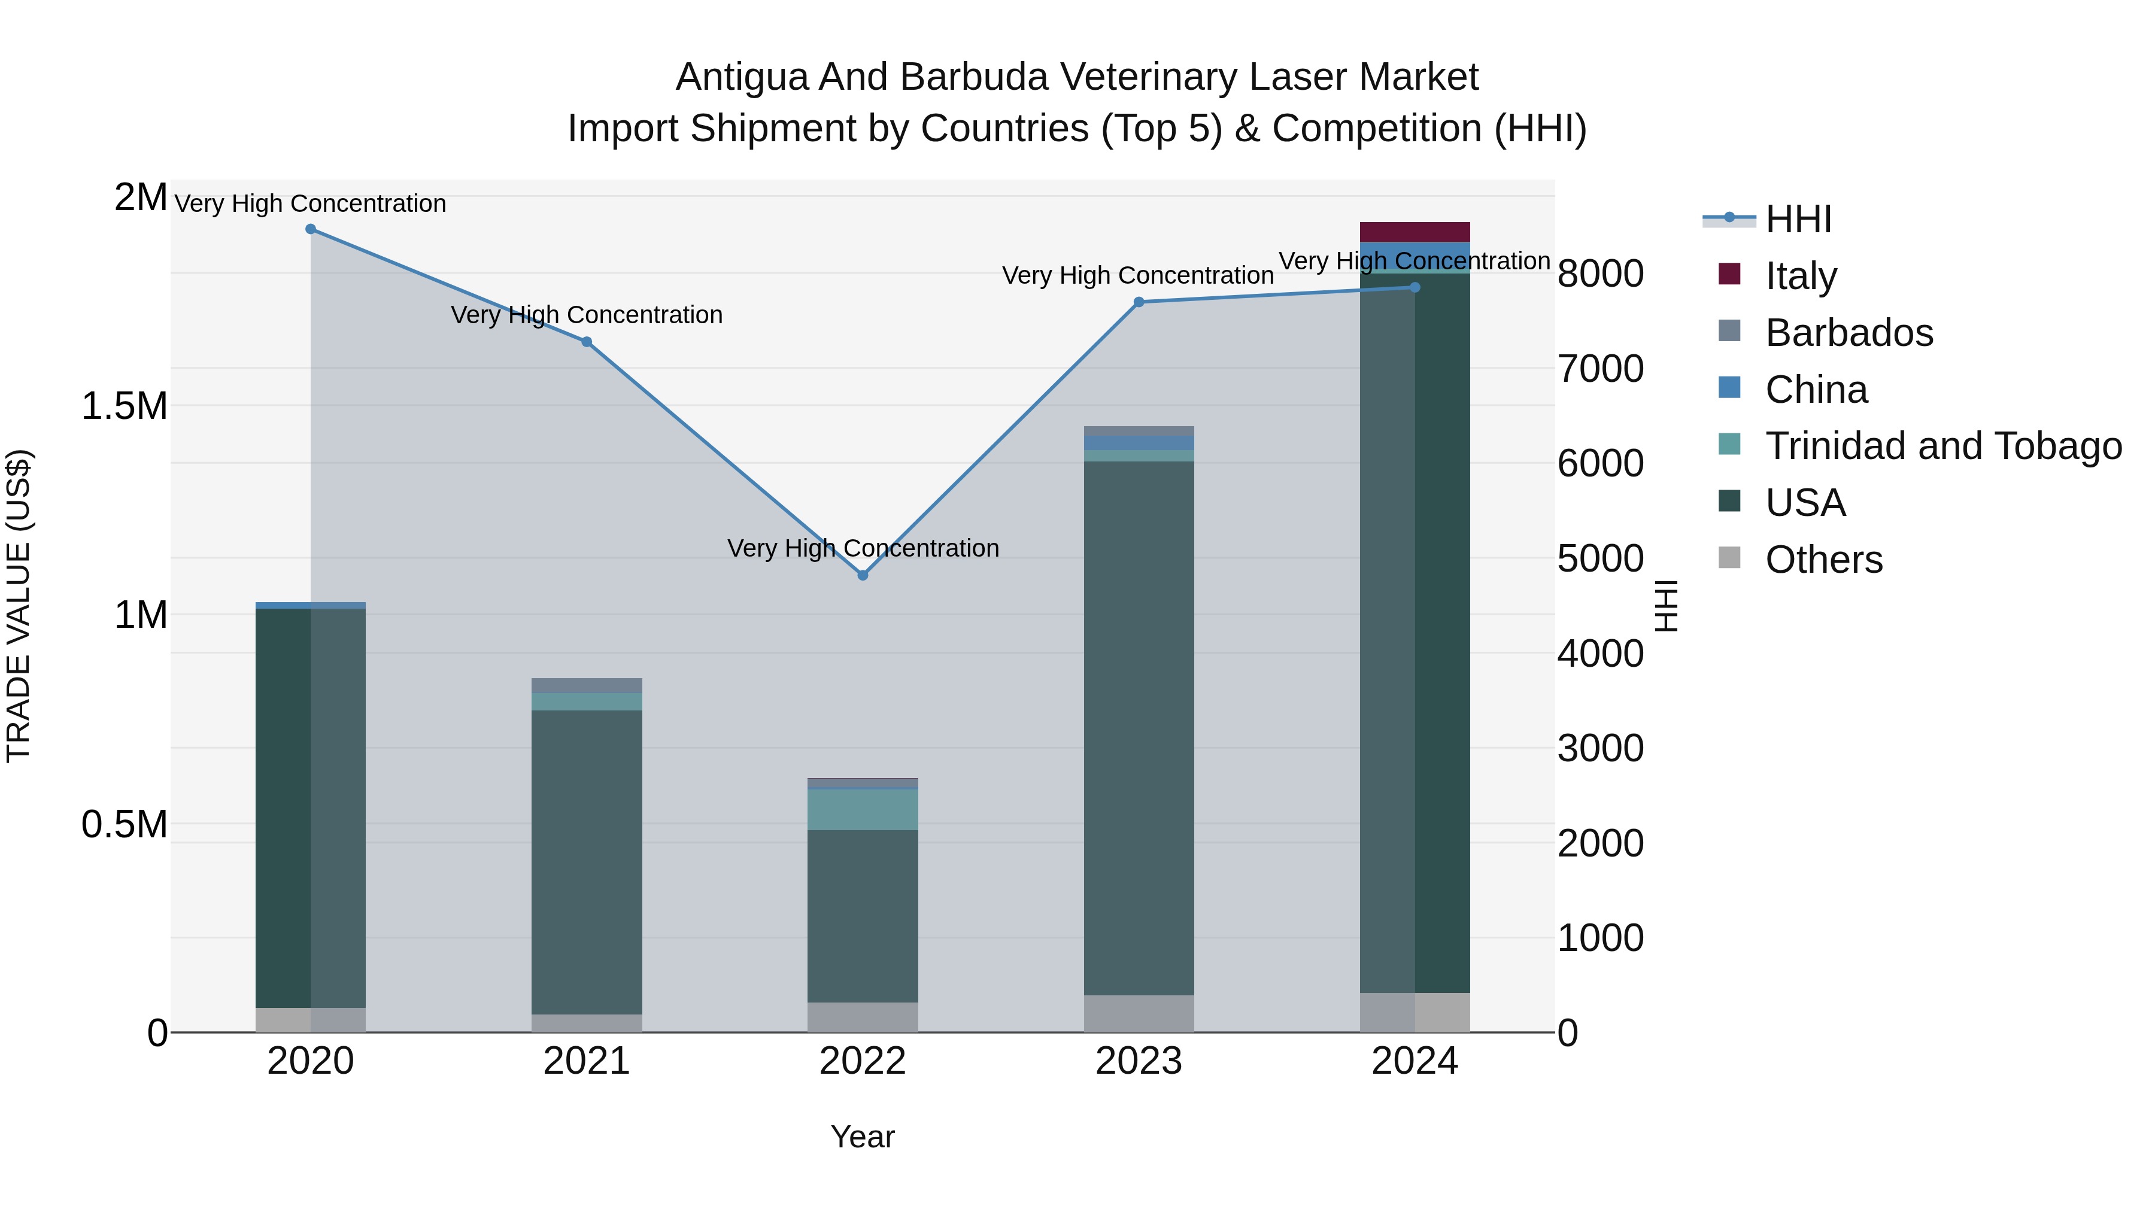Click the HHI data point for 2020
tap(310, 229)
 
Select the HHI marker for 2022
tap(863, 575)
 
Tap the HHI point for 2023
tap(1139, 302)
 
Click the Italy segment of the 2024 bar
tap(1415, 232)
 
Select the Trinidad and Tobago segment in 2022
tap(863, 809)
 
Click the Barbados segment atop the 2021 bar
tap(587, 685)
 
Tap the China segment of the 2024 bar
tap(1415, 253)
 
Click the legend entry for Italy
tap(1800, 275)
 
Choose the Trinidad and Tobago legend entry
tap(1942, 446)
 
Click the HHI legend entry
tap(1798, 219)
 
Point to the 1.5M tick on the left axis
tap(125, 406)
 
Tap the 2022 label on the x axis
tap(863, 1061)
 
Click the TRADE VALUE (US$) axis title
tap(19, 606)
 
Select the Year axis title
tap(863, 1137)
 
